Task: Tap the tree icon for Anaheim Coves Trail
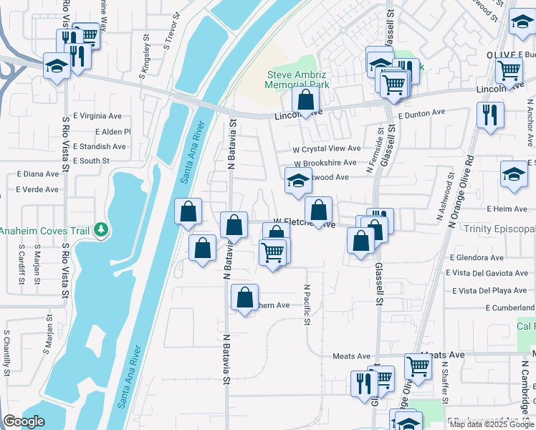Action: point(102,229)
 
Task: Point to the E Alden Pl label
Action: point(113,132)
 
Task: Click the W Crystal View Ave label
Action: point(326,148)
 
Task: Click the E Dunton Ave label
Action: point(422,113)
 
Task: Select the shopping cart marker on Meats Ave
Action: point(418,365)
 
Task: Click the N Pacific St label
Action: point(307,305)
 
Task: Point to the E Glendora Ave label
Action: point(477,257)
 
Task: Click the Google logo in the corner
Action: point(23,421)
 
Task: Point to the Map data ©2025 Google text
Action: point(492,424)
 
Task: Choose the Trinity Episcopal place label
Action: point(499,229)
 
